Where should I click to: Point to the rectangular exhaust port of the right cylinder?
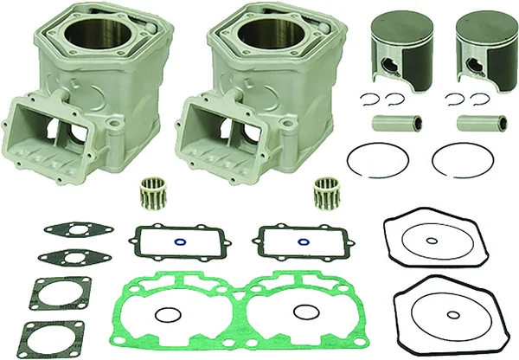click(x=216, y=128)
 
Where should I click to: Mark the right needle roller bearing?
click(x=329, y=190)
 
